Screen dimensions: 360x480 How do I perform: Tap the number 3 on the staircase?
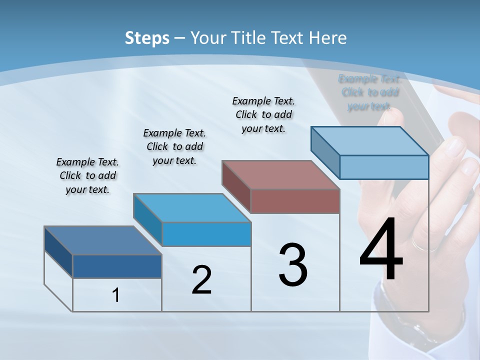(293, 264)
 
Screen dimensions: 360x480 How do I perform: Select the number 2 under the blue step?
(201, 279)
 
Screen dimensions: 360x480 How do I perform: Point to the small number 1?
(116, 295)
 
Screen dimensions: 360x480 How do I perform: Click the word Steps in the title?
(147, 37)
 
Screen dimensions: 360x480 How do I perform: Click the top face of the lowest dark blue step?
(103, 240)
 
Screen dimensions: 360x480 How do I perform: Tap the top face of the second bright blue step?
(192, 207)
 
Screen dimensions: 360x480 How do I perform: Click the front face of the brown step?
(295, 201)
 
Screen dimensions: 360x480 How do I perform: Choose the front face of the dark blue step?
(117, 266)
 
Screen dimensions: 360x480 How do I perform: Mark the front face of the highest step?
(384, 167)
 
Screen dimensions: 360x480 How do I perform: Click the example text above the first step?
(87, 175)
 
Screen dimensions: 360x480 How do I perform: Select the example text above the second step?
(174, 146)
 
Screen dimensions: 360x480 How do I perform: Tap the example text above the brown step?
(263, 114)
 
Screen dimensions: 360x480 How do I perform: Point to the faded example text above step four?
(369, 92)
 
